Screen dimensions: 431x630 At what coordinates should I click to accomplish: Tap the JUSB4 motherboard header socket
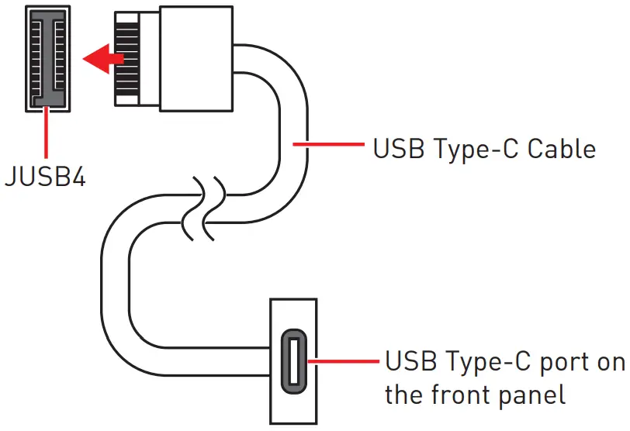(47, 56)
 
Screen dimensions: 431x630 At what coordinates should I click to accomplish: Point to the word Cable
(562, 148)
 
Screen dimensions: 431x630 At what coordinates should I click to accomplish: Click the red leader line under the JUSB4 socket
(47, 133)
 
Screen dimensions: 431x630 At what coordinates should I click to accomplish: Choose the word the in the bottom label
(404, 395)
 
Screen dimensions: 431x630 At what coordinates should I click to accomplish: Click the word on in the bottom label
(610, 362)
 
